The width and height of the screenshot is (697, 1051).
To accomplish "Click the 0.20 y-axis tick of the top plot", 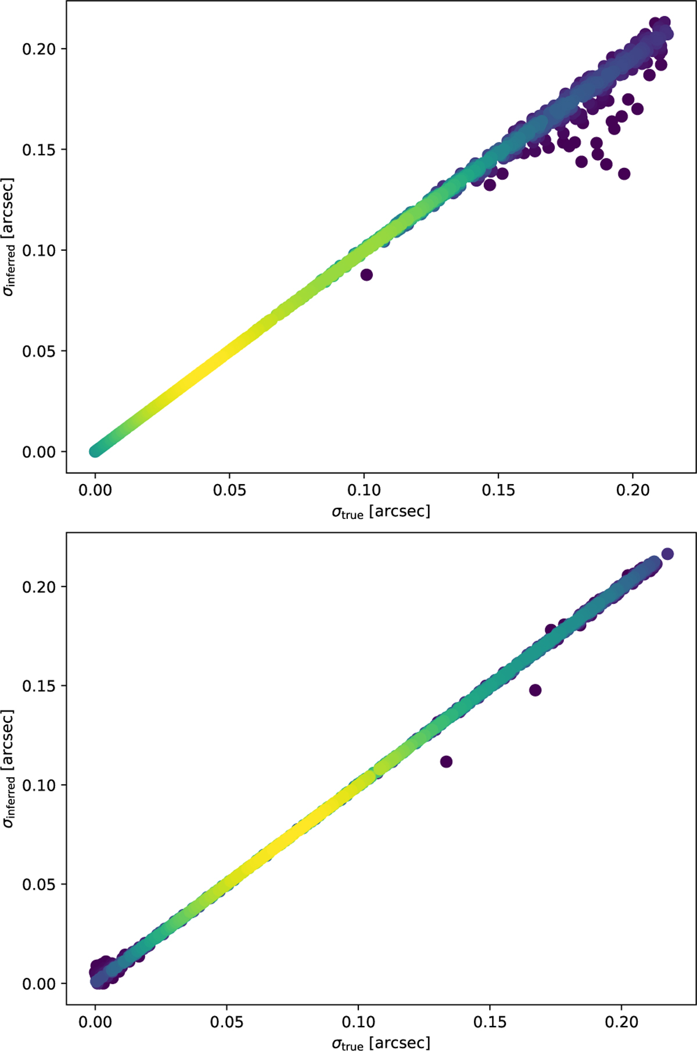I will coord(39,49).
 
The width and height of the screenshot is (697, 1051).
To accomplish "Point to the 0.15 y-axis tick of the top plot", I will coord(39,150).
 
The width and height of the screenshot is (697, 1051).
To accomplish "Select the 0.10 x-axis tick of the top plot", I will coord(364,490).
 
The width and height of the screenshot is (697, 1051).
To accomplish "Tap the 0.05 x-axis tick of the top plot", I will coord(229,490).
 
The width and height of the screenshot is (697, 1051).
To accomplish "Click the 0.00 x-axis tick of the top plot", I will coord(95,490).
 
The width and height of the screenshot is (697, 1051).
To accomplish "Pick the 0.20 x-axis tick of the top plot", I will coord(633,490).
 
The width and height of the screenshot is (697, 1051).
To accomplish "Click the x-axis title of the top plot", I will coord(381,512).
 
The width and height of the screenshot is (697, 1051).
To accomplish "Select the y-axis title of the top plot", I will coord(9,237).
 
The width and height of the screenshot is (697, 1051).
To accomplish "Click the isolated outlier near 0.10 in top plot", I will coord(367,275).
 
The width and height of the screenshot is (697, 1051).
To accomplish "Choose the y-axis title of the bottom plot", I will coord(9,769).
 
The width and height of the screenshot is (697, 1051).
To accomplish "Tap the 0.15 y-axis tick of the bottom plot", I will coord(39,686).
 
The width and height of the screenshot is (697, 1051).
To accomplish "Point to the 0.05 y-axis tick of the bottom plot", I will coord(39,884).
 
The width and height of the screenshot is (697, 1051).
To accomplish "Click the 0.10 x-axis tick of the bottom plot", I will coord(358,1021).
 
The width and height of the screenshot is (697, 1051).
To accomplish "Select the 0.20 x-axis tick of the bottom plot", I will coord(621,1021).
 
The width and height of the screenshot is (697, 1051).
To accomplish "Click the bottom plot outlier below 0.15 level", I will coord(535,690).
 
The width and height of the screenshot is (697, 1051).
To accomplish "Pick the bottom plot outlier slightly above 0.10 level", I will coord(446,761).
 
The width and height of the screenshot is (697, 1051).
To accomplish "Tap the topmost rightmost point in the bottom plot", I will coord(667,554).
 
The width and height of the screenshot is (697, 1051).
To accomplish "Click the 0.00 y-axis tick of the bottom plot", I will coord(39,984).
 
